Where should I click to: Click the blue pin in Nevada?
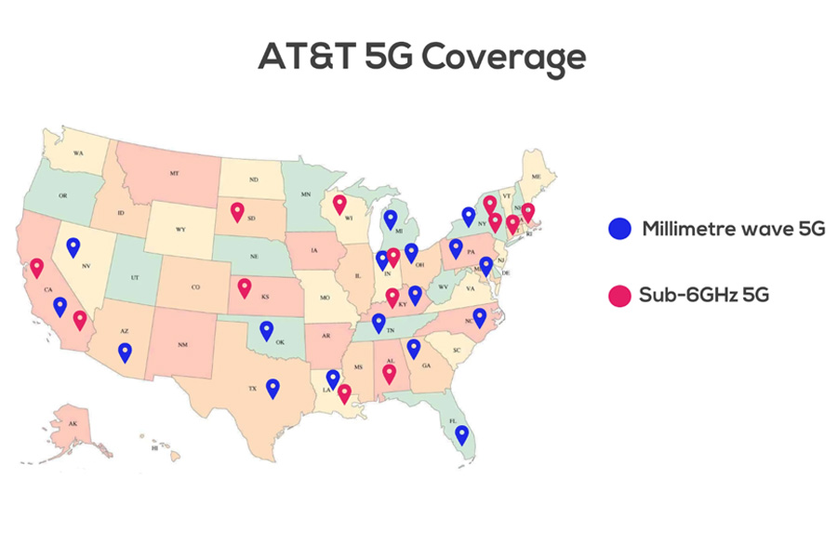pos(73,246)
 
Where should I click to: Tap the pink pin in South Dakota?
pos(237,211)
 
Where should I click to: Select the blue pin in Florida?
pos(461,433)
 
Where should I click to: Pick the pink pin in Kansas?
pos(245,286)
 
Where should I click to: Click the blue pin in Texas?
pos(272,387)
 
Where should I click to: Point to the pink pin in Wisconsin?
pos(339,203)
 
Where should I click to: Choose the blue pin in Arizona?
pos(125,352)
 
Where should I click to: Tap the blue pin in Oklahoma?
pos(267,328)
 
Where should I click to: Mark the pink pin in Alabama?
pos(390,373)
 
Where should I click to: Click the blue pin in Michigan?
pos(391,219)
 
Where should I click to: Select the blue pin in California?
pos(60,305)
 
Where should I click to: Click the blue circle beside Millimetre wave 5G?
pos(619,229)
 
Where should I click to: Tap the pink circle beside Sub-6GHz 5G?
pos(619,296)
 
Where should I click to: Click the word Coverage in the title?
pos(503,58)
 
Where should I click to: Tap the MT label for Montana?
pos(174,174)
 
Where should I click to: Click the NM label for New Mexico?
pos(182,345)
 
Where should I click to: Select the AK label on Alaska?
pos(73,424)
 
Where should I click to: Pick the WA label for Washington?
pos(78,153)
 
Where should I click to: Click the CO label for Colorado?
pos(195,287)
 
